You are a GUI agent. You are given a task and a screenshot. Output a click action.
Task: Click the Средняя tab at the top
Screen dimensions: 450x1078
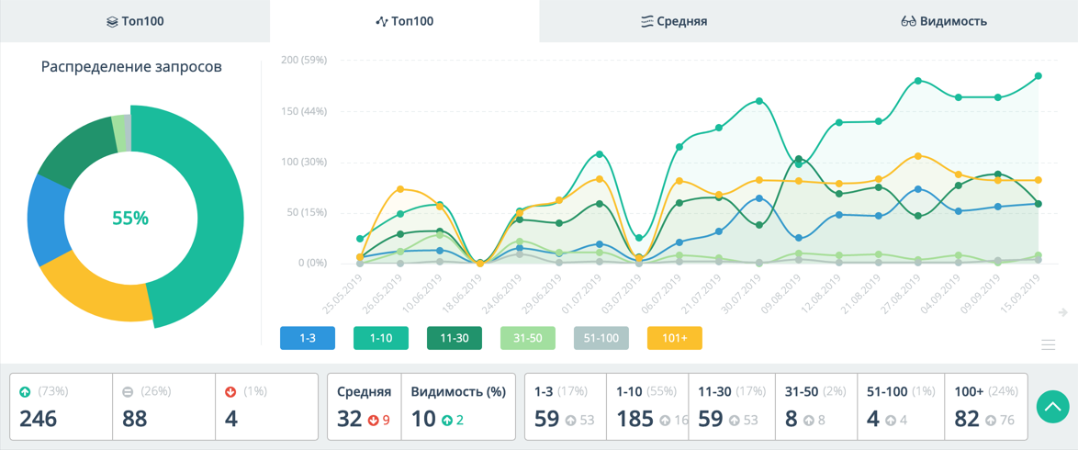[x=674, y=21]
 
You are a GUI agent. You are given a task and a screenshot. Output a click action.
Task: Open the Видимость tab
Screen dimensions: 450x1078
[x=944, y=21]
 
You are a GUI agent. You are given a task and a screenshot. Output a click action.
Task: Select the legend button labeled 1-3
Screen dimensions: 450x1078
[x=308, y=338]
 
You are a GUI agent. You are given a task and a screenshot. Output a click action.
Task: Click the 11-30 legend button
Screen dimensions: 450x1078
[x=455, y=338]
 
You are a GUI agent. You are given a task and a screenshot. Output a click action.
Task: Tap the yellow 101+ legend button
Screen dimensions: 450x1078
[x=675, y=338]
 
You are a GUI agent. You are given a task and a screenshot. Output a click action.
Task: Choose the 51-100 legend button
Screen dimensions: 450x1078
[x=601, y=338]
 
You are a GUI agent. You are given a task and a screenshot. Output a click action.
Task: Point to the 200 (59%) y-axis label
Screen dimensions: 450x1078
[x=304, y=61]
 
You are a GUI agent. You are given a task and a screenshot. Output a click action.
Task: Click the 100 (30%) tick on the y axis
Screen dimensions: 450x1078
[x=304, y=163]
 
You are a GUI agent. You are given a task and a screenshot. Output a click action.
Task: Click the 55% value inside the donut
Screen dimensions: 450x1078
[x=130, y=219]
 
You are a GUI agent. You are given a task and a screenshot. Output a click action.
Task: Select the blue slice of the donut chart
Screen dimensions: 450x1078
[x=43, y=220]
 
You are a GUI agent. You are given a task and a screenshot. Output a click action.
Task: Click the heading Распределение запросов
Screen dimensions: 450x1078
[x=131, y=67]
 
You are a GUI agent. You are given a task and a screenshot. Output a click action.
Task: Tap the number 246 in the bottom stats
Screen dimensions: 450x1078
[x=39, y=419]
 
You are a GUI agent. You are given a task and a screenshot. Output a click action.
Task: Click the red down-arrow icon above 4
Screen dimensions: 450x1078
[x=230, y=391]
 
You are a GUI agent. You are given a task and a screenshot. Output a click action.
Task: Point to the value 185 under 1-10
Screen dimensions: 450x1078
[x=635, y=419]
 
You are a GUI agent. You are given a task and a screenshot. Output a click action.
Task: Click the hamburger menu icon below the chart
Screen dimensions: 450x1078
[x=1048, y=344]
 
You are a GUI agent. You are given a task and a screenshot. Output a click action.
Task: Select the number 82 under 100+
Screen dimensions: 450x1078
[x=967, y=419]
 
